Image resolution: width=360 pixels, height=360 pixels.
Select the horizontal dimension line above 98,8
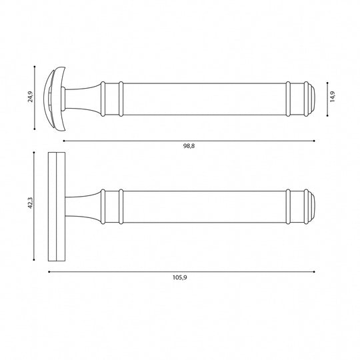(x=189, y=141)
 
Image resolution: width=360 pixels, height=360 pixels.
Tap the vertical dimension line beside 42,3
(x=34, y=207)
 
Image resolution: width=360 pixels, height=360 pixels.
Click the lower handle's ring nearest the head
(x=121, y=207)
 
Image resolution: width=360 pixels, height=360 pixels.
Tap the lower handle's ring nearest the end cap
(x=288, y=207)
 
